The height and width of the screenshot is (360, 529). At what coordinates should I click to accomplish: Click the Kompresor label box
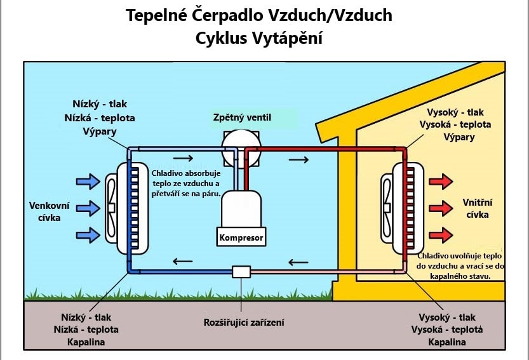(241, 237)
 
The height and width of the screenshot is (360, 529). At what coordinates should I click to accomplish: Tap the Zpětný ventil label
(242, 117)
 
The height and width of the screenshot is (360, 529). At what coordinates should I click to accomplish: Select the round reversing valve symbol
(241, 149)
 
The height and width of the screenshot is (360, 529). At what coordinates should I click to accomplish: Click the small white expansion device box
(241, 272)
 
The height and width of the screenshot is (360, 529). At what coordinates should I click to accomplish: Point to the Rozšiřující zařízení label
(244, 322)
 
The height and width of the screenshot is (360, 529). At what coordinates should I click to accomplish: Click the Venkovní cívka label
(50, 211)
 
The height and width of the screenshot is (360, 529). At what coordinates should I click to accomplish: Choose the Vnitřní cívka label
(478, 208)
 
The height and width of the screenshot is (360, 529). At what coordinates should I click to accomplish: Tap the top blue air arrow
(88, 182)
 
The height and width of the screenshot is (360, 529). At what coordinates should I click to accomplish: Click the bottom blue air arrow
(88, 235)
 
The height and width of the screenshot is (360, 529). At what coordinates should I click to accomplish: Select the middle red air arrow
(441, 208)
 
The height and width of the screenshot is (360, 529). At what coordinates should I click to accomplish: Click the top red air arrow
(441, 182)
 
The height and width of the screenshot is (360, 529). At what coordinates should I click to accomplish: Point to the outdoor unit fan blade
(111, 208)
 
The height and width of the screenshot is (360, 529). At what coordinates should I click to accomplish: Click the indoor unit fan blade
(387, 208)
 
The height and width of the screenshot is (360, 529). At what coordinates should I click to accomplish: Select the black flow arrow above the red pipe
(298, 159)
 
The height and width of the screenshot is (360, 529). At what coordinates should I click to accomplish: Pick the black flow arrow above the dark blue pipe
(182, 261)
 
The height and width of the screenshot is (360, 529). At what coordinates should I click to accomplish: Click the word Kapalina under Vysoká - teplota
(446, 342)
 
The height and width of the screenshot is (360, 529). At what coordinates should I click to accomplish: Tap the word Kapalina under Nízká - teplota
(86, 342)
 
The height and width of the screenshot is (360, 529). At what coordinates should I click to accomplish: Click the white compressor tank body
(241, 208)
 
